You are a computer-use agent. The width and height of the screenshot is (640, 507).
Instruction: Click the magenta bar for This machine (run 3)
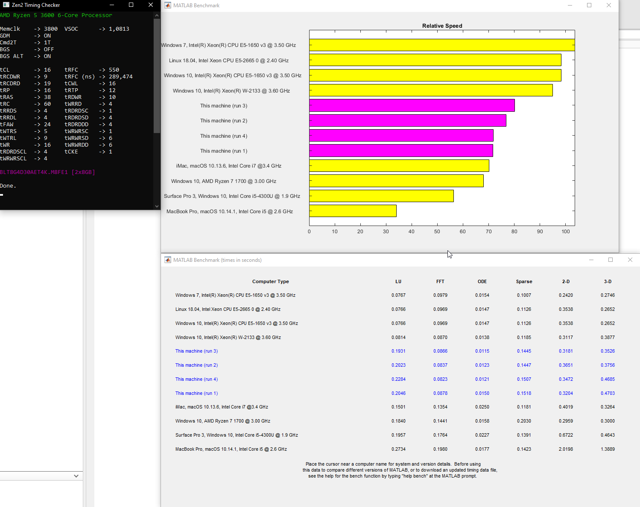412,105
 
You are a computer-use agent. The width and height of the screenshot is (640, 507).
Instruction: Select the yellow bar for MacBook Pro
353,211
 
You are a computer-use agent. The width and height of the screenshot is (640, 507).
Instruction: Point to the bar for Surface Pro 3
381,196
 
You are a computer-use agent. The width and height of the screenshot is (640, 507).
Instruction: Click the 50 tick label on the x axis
437,232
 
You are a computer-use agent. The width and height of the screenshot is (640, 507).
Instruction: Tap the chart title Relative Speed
442,26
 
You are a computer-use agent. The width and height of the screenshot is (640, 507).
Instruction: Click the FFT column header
440,281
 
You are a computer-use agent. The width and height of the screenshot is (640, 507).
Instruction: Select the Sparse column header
524,281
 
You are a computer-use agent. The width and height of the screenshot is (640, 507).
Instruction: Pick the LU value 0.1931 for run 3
398,351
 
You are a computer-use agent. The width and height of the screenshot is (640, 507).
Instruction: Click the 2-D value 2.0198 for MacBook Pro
566,449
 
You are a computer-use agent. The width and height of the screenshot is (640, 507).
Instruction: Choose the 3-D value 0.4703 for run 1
608,393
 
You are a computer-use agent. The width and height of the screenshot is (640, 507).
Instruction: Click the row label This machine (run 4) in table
196,379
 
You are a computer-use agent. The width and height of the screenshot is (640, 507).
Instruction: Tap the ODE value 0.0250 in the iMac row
482,407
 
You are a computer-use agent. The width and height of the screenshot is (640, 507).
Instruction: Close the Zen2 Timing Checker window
151,5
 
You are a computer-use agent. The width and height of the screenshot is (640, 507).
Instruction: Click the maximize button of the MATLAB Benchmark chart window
589,5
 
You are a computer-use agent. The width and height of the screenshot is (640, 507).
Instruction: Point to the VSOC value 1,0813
119,29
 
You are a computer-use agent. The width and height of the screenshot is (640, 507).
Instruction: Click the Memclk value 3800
50,29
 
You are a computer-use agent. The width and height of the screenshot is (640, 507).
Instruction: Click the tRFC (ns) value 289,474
120,77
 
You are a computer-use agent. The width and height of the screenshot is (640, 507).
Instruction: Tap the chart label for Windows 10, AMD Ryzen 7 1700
223,181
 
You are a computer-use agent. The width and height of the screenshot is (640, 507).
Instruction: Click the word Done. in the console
8,186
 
